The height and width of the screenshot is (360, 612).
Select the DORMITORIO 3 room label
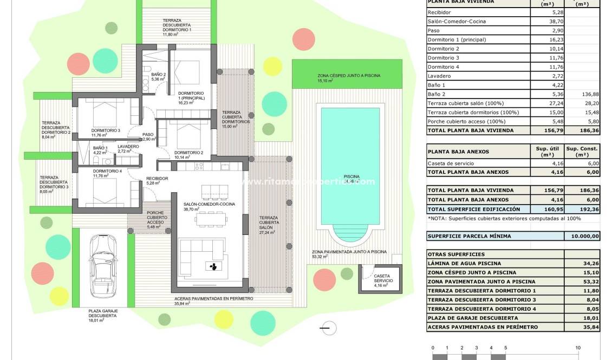[106, 130]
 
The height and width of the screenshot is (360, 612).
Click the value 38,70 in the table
[550, 21]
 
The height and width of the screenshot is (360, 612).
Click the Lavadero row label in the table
[439, 76]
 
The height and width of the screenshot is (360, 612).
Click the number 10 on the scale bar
[578, 348]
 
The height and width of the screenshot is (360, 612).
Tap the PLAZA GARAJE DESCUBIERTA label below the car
[103, 316]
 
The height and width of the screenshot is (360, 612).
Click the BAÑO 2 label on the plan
[158, 76]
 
